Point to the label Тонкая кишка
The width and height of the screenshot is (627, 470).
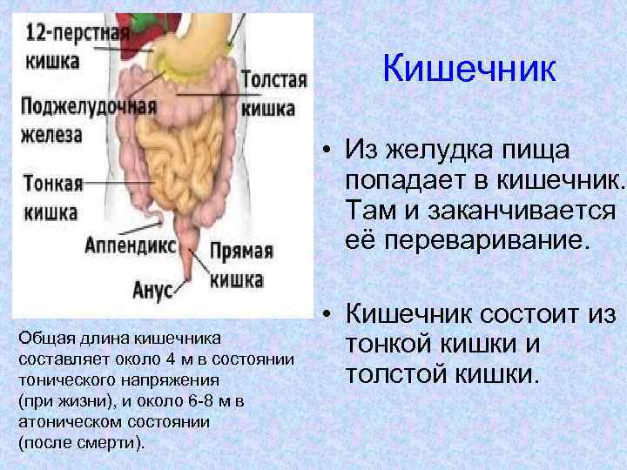coord(53,197)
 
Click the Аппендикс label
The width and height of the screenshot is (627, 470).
coord(130,245)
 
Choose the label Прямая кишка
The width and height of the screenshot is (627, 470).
coord(240,265)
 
